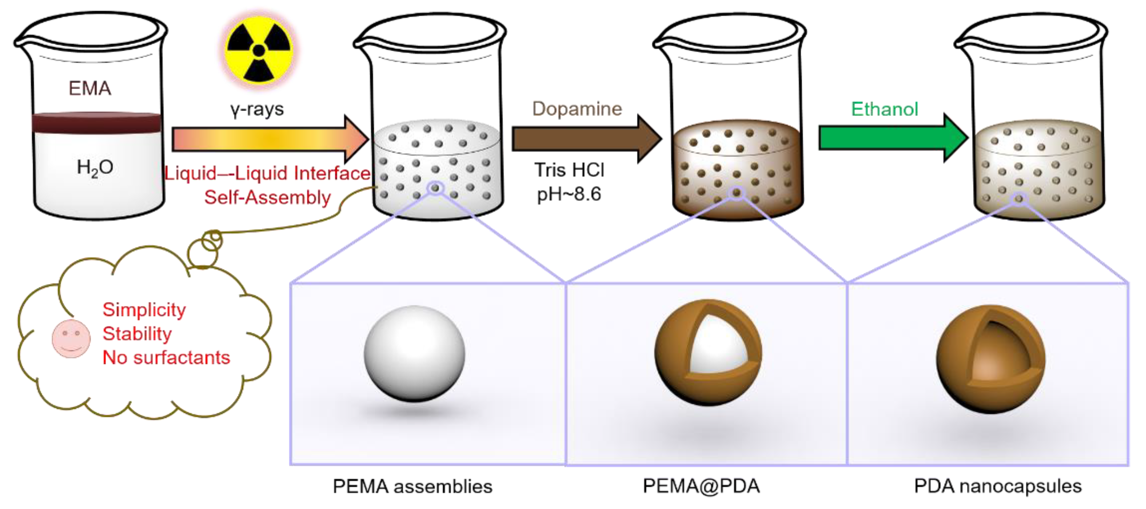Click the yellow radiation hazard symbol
(x=258, y=50)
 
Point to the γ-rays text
(x=257, y=109)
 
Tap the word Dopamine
(x=577, y=109)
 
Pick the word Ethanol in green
(x=884, y=109)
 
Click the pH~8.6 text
(x=569, y=194)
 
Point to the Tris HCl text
(x=569, y=170)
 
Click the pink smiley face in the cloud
(x=71, y=338)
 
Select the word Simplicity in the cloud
(x=144, y=310)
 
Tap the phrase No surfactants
(x=166, y=358)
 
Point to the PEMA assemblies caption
(x=412, y=486)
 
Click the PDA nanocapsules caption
(x=998, y=486)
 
